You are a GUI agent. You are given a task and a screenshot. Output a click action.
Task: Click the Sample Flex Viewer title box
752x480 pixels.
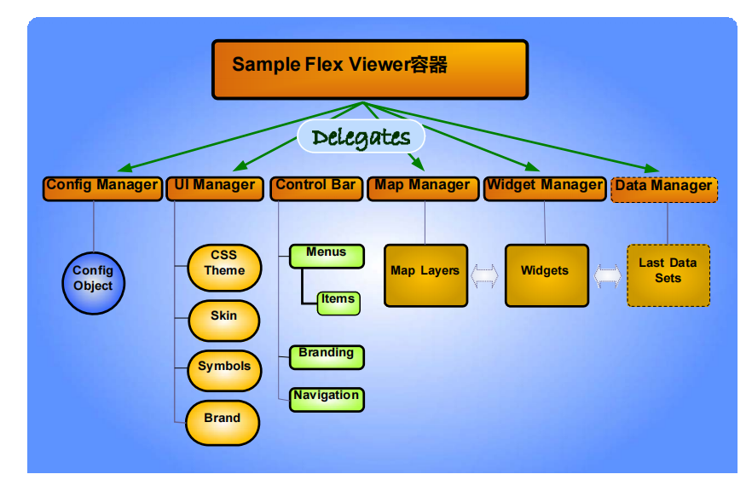[370, 70]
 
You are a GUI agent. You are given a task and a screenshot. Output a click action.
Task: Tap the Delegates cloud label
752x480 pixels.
[362, 136]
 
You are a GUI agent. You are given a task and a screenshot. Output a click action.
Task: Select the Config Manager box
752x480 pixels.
[102, 188]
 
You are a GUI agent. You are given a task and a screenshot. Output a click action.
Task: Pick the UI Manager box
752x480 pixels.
[215, 188]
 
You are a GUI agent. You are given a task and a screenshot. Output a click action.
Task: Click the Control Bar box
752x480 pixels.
[316, 188]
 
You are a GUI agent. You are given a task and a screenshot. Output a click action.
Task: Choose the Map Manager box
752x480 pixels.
[423, 188]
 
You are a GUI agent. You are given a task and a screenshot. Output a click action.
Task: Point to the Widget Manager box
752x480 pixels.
[545, 188]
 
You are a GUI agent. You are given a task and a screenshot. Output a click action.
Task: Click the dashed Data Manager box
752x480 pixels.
[664, 190]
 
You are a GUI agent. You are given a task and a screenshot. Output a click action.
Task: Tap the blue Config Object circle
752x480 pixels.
[94, 283]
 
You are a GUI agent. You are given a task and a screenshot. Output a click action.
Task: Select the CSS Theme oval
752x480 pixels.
[224, 268]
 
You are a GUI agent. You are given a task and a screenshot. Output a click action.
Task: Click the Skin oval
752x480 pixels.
[224, 321]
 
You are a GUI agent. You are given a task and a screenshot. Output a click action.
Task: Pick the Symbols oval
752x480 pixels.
[224, 371]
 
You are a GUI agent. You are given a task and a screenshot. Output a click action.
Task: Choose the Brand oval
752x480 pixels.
[223, 423]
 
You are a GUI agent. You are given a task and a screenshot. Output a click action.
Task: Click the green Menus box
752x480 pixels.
[327, 256]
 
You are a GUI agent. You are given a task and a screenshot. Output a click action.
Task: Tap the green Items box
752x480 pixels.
[338, 303]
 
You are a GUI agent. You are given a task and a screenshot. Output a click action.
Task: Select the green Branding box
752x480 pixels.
[327, 357]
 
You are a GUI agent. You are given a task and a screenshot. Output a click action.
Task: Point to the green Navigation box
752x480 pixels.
[327, 400]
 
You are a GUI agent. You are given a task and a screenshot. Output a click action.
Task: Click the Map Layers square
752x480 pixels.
[426, 275]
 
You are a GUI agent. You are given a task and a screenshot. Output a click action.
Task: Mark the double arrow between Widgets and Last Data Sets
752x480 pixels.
[608, 276]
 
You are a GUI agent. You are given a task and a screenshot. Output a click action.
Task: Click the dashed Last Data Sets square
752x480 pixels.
[668, 275]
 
